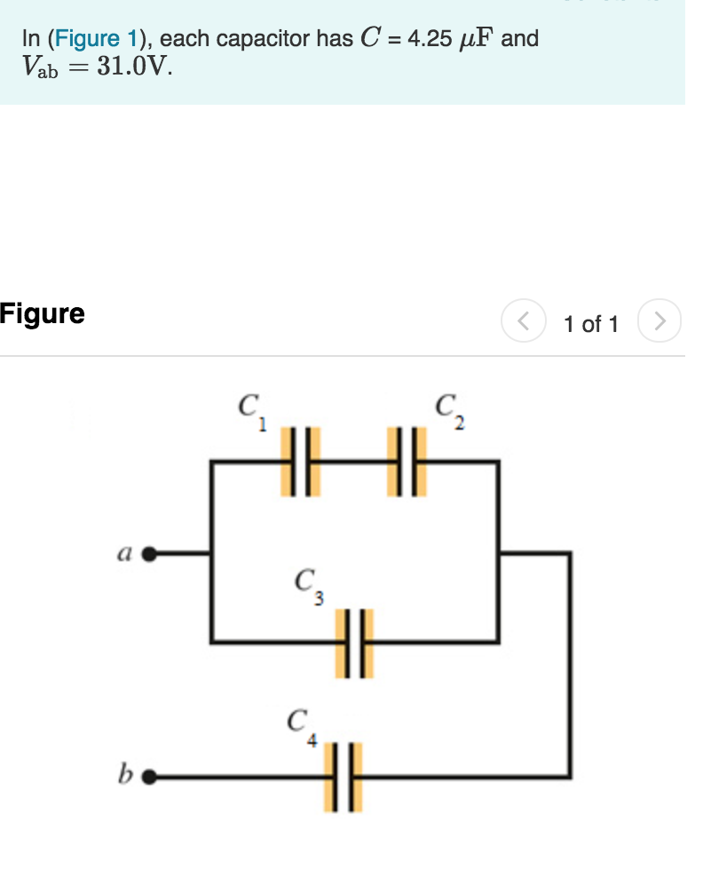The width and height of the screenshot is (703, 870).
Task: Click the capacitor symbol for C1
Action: pyautogui.click(x=299, y=462)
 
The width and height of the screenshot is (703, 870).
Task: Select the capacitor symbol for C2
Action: pyautogui.click(x=407, y=462)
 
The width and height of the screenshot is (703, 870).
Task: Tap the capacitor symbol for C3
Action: pyautogui.click(x=354, y=642)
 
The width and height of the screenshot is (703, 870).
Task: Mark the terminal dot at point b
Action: pyautogui.click(x=149, y=778)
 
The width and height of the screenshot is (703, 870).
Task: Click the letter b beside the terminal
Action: pyautogui.click(x=125, y=776)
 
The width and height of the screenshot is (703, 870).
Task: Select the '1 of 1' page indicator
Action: pyautogui.click(x=590, y=324)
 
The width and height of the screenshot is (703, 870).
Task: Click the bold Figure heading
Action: pyautogui.click(x=43, y=313)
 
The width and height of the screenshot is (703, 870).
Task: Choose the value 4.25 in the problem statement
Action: pyautogui.click(x=428, y=39)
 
